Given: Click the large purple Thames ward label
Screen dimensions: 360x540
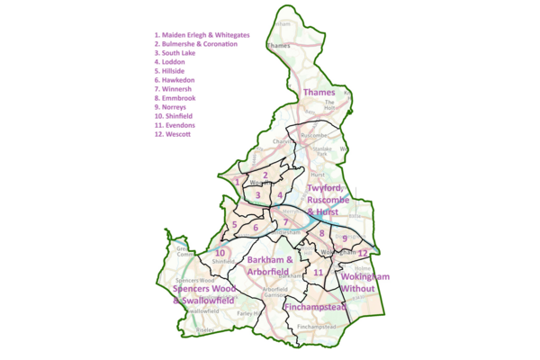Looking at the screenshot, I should click(x=319, y=92).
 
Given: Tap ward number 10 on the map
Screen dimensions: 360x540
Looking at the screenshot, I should click(x=220, y=254).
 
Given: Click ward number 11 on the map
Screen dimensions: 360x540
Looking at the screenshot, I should click(x=318, y=272).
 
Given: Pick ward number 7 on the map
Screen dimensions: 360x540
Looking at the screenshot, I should click(x=285, y=222).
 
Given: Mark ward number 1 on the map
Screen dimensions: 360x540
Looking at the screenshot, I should click(x=237, y=181).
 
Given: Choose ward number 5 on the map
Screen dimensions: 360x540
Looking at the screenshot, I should click(x=234, y=224).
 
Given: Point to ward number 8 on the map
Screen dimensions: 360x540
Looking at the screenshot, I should click(x=321, y=233).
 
